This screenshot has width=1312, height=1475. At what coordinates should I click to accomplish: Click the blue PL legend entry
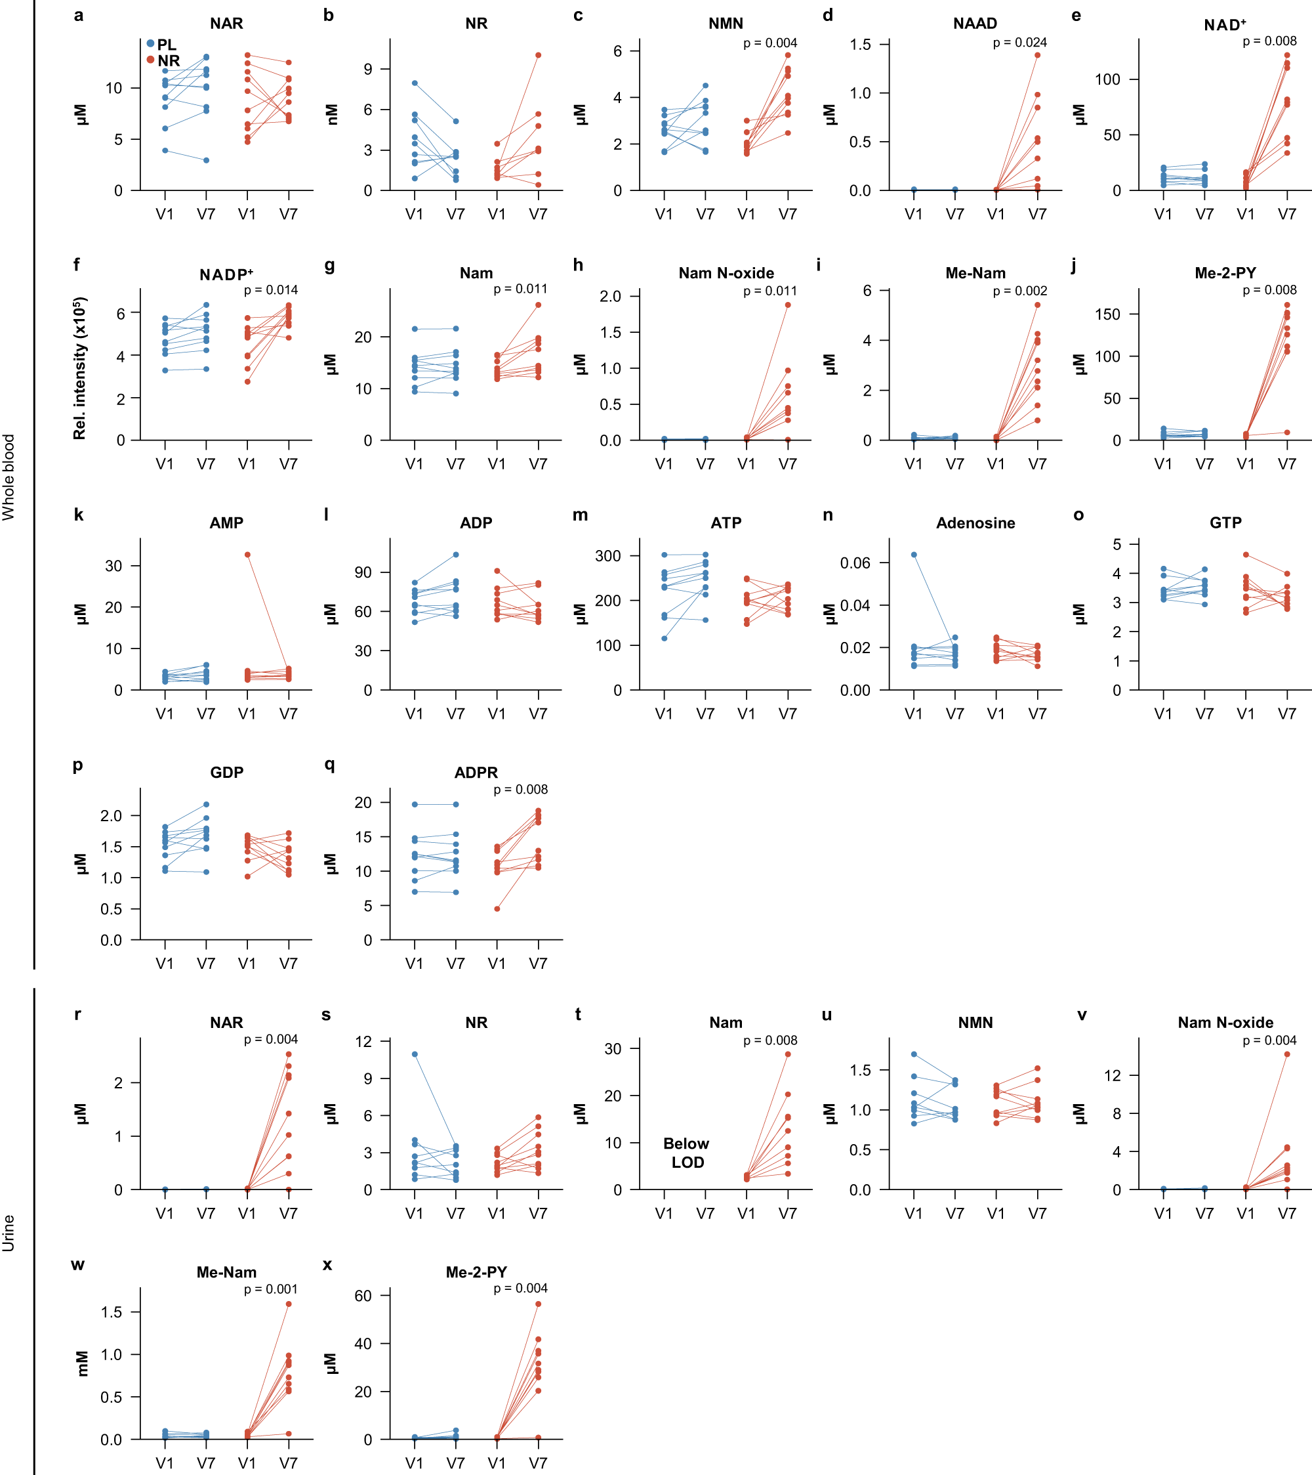[x=162, y=45]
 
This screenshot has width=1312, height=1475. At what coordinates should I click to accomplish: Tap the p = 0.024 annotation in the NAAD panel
[x=1019, y=43]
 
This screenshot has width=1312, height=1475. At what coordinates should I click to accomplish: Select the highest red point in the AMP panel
[x=247, y=555]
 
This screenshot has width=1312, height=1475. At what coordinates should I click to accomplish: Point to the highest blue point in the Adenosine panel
[x=914, y=555]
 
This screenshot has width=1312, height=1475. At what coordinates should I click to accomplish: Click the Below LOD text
[x=687, y=1153]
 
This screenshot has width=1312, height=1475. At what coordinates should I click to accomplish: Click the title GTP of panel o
[x=1225, y=523]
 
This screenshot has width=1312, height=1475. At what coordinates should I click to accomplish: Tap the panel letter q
[x=329, y=764]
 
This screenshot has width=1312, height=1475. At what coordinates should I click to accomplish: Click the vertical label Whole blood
[x=9, y=477]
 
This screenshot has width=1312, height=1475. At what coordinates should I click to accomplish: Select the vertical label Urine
[x=9, y=1233]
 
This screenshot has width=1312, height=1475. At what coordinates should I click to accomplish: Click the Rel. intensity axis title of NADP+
[x=79, y=368]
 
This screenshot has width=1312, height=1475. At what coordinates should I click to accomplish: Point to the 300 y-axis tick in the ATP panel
[x=607, y=555]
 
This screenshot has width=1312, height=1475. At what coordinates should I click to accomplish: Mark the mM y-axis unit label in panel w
[x=81, y=1363]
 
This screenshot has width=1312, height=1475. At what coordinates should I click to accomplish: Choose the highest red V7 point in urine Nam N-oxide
[x=1287, y=1054]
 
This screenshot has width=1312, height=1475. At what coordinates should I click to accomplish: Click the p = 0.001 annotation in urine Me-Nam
[x=270, y=1289]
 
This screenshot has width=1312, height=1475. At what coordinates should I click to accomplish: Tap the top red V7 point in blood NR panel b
[x=538, y=55]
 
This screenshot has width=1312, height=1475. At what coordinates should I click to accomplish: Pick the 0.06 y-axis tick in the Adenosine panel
[x=855, y=563]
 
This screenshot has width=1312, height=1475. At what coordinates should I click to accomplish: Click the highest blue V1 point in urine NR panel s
[x=415, y=1054]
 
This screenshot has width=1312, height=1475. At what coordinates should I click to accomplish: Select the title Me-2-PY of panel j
[x=1225, y=273]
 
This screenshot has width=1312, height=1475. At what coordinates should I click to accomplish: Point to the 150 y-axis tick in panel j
[x=1107, y=314]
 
